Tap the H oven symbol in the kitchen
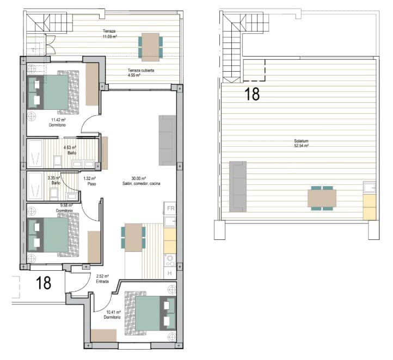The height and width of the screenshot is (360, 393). coord(170,273)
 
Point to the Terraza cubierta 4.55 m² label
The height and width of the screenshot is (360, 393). coord(141,73)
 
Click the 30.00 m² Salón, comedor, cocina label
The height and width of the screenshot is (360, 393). coord(141,181)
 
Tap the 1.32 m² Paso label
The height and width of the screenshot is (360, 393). coord(89,181)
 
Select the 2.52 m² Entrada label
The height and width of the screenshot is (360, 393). coord(103,279)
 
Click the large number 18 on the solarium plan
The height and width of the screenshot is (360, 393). coord(251,94)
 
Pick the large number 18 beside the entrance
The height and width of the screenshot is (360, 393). coord(44,283)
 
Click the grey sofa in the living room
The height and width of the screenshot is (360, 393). coord(167,140)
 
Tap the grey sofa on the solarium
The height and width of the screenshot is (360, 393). coord(237,187)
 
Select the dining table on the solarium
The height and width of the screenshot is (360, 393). coord(322,198)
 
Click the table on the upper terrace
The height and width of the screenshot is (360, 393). coord(150,46)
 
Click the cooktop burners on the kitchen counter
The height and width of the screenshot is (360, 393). coord(170,259)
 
